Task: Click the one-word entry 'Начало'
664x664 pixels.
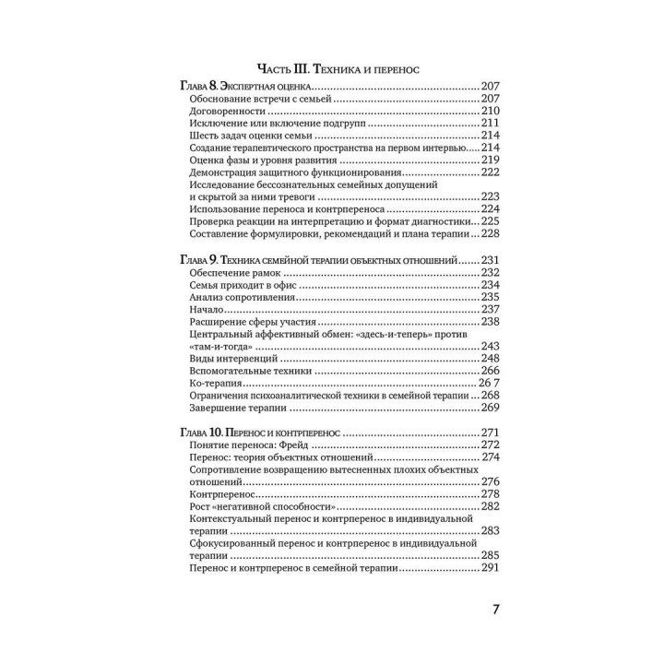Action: point(207,310)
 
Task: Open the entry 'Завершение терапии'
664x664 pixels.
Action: point(237,407)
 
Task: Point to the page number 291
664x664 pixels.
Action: point(490,569)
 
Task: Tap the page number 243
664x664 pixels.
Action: point(490,346)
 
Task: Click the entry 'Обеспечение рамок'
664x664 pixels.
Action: point(233,273)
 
